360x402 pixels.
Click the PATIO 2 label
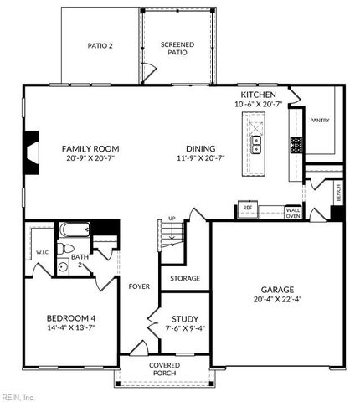pyautogui.click(x=101, y=46)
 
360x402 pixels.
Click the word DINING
pyautogui.click(x=199, y=148)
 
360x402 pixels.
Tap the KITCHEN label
pyautogui.click(x=258, y=95)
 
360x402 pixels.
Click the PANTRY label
pyautogui.click(x=320, y=121)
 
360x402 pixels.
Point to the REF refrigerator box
pyautogui.click(x=248, y=207)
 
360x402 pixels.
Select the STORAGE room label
pyautogui.click(x=184, y=277)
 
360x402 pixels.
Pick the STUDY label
pyautogui.click(x=184, y=318)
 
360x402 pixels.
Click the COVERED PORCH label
pyautogui.click(x=164, y=369)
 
